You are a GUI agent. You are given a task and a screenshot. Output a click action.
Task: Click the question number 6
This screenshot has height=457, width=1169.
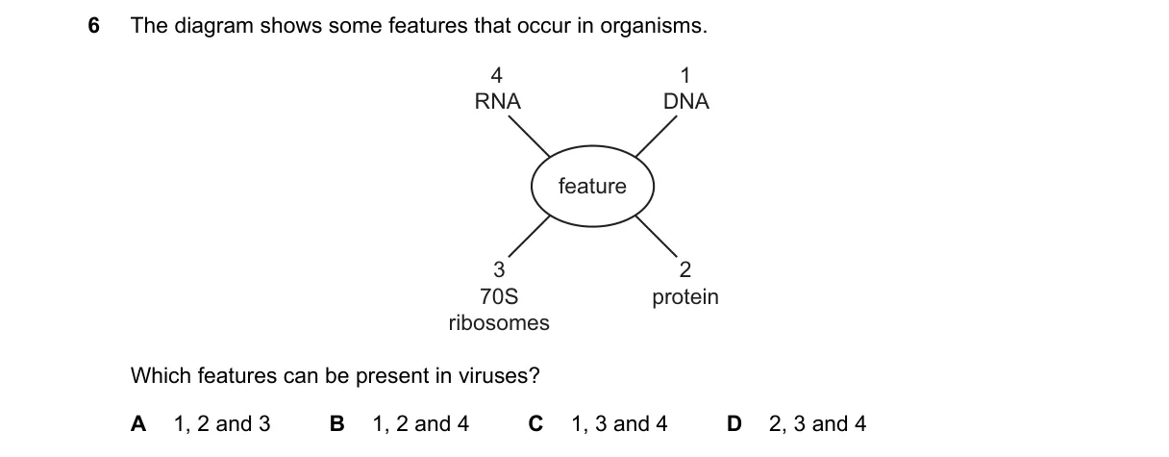tap(94, 26)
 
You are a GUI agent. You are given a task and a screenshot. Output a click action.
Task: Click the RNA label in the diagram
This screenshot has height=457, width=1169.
tap(497, 101)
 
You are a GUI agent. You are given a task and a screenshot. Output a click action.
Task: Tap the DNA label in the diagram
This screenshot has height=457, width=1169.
tap(685, 101)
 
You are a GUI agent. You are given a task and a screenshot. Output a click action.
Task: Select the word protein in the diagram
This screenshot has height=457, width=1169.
tap(685, 297)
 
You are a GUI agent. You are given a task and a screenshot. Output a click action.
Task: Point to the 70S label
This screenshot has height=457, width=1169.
tap(499, 296)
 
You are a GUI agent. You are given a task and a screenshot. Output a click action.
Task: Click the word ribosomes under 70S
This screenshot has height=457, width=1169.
tap(499, 322)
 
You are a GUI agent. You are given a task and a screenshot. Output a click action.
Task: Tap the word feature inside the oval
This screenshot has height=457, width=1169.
tap(592, 186)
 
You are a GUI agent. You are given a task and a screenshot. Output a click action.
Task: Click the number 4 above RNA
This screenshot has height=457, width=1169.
tap(497, 76)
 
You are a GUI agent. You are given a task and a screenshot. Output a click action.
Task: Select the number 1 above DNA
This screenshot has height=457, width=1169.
tap(685, 76)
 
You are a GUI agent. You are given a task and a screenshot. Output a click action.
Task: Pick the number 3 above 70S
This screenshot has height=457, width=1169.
tap(499, 270)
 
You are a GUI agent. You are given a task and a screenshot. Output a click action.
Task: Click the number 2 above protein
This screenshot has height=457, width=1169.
tap(685, 270)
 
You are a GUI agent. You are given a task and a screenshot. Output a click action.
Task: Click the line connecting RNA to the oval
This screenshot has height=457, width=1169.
tap(529, 137)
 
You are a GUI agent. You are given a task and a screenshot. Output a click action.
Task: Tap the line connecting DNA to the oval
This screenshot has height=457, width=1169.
tap(656, 137)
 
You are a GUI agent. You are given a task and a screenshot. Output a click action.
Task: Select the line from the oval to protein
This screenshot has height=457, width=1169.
tap(656, 236)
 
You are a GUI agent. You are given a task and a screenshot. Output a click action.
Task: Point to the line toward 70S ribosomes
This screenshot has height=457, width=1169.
tap(529, 236)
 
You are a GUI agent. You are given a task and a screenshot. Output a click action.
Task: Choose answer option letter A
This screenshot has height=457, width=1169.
tap(138, 424)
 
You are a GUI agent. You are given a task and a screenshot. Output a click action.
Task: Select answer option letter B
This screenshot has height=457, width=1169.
tap(337, 424)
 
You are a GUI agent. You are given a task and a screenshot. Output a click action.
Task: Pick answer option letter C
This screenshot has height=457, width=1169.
tap(536, 424)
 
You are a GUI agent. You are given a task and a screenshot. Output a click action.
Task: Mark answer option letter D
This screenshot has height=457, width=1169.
tap(734, 424)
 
